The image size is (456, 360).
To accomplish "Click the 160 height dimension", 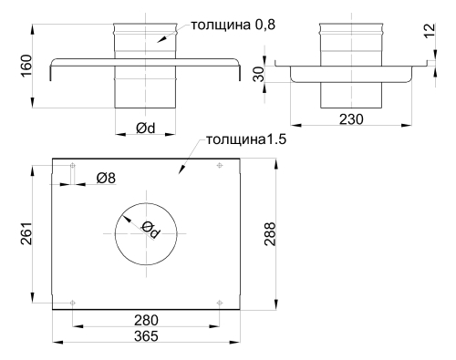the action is click(26, 66).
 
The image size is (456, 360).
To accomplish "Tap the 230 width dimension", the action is click(351, 119).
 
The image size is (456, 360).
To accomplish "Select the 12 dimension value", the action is click(430, 30).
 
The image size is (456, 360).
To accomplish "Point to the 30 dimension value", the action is click(259, 75).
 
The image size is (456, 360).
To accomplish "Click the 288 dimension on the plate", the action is click(270, 234).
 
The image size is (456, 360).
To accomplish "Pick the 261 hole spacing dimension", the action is click(26, 233).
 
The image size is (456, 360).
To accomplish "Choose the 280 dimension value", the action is click(146, 320).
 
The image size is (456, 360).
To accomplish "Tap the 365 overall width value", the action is click(146, 336).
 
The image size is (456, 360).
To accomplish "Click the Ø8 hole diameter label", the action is click(106, 178).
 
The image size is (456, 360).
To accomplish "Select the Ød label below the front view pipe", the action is click(146, 129).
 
